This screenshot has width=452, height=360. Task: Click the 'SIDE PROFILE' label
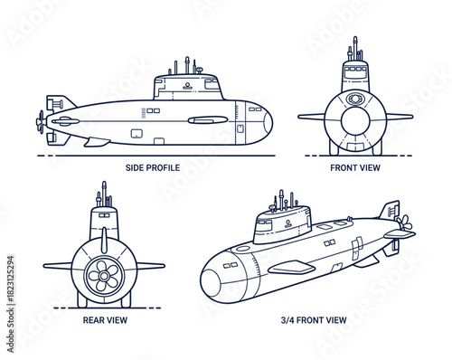tap(152, 167)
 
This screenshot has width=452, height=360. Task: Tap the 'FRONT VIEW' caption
tap(356, 167)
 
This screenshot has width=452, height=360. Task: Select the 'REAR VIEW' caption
tap(104, 318)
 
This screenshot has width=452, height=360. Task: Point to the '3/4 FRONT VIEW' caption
tap(314, 318)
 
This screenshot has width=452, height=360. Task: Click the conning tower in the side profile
tap(187, 87)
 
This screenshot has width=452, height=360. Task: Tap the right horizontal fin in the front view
tap(398, 116)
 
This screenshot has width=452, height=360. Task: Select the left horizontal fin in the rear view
tap(60, 266)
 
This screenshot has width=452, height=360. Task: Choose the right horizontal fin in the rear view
tap(148, 266)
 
